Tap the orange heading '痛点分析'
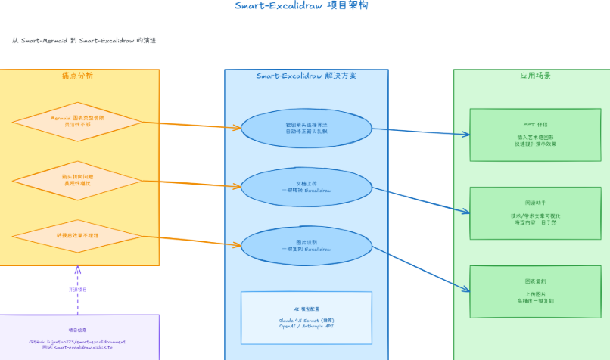[x=78, y=76]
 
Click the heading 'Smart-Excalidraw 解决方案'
[x=306, y=76]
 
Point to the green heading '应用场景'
[x=534, y=76]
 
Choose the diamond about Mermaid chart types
[x=77, y=121]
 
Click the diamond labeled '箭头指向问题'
[x=77, y=180]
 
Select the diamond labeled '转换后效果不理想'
[x=77, y=236]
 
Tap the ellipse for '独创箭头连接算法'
[x=306, y=128]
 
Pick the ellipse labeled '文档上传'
[x=306, y=186]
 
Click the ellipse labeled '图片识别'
[x=306, y=244]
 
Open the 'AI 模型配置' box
[x=306, y=318]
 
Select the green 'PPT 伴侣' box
[x=534, y=135]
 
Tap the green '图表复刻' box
[x=534, y=291]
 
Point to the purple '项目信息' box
[x=78, y=337]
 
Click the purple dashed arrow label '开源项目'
[x=78, y=290]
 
